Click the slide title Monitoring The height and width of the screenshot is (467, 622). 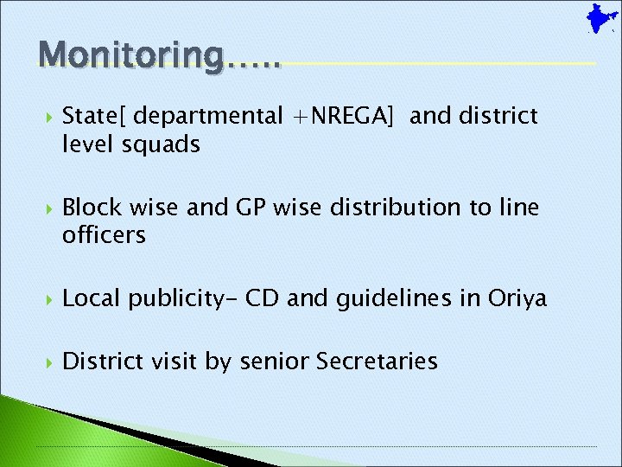(159, 54)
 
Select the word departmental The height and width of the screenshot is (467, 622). (208, 116)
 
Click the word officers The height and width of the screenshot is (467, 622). (105, 235)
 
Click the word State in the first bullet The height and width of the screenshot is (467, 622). (92, 116)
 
